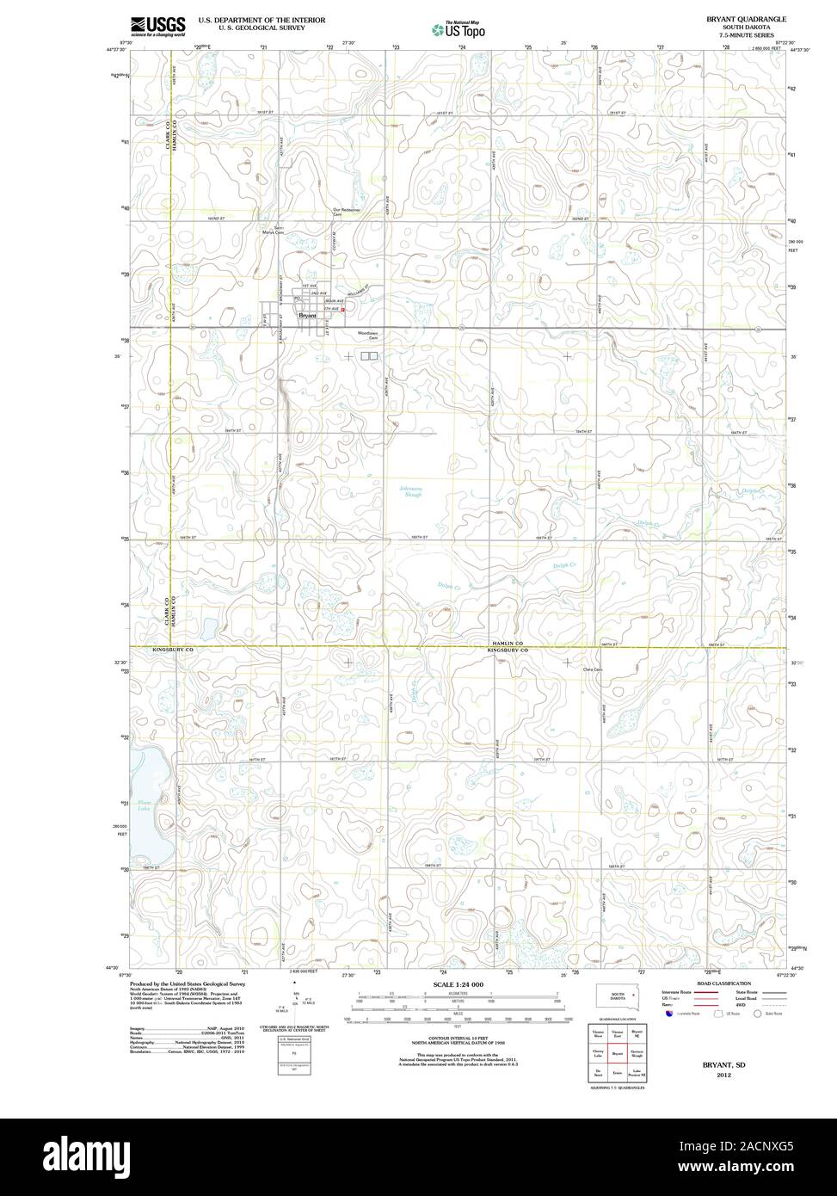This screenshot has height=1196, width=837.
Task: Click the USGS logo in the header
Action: click(157, 27)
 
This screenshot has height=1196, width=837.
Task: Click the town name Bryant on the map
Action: click(307, 316)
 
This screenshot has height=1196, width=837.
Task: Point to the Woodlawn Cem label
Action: click(369, 335)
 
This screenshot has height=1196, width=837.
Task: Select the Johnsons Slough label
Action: click(411, 492)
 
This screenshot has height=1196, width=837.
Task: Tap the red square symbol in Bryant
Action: click(342, 309)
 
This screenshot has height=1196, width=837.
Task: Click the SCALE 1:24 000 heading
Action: click(459, 983)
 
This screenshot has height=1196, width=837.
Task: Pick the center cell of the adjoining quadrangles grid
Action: click(618, 1051)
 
